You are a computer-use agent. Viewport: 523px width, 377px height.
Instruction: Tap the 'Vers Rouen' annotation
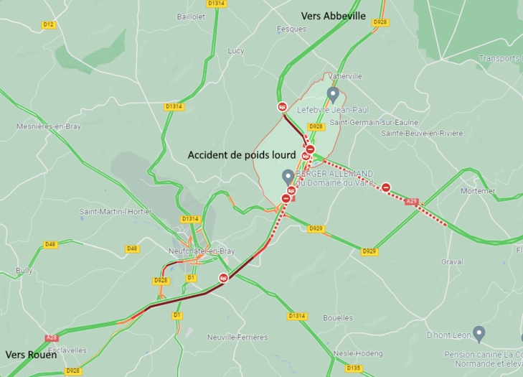[31, 355]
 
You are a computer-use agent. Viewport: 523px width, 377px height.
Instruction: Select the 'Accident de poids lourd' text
[242, 154]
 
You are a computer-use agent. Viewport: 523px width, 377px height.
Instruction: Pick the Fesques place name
[291, 29]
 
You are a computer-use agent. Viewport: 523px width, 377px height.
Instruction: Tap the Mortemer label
[478, 191]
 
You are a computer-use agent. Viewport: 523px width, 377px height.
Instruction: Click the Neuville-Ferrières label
[237, 337]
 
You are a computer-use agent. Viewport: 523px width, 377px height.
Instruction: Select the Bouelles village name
[338, 317]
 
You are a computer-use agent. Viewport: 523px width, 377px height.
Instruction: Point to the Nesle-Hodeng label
[359, 353]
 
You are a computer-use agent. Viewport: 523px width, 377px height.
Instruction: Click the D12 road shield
[48, 24]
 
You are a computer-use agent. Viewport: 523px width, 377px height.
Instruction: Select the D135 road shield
[353, 368]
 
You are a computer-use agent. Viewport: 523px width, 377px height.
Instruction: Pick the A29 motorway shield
[411, 202]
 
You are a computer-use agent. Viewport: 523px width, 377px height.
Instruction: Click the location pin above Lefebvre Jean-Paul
[332, 94]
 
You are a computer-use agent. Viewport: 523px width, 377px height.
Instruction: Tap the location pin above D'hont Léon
[479, 332]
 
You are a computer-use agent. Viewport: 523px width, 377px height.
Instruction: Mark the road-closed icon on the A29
[386, 187]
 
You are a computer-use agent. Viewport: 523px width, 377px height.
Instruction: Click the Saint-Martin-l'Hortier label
[110, 211]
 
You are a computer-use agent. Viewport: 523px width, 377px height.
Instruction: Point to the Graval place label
[452, 261]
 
